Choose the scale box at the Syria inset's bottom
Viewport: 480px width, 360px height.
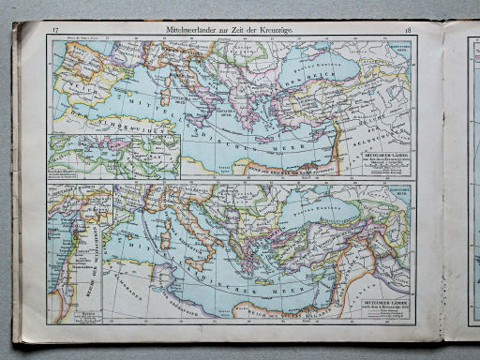pos(89,315)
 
